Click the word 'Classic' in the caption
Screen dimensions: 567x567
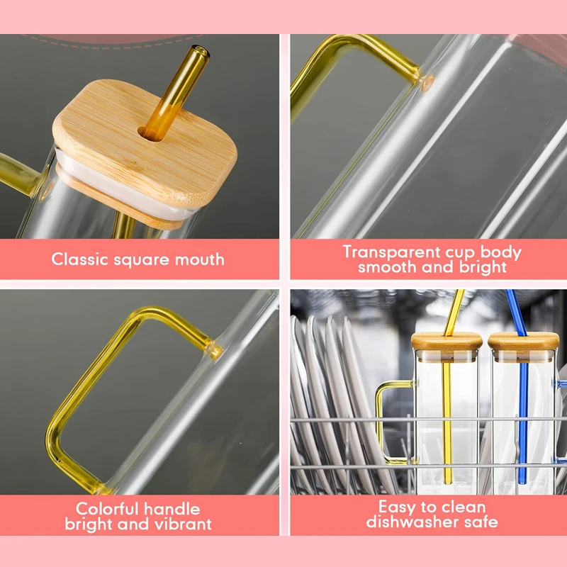point(80,259)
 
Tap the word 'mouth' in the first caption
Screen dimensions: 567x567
point(196,259)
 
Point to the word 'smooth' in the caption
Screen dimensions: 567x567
point(386,267)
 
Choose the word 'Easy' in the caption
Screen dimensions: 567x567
point(399,507)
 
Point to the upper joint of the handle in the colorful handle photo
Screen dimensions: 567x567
point(213,347)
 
